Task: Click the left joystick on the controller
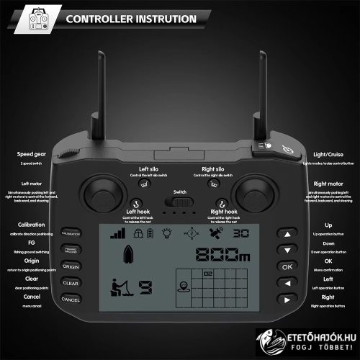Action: [103, 194]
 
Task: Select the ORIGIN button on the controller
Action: [71, 266]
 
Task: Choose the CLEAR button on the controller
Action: [71, 283]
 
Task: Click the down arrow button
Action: [287, 250]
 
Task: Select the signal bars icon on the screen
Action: [117, 235]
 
